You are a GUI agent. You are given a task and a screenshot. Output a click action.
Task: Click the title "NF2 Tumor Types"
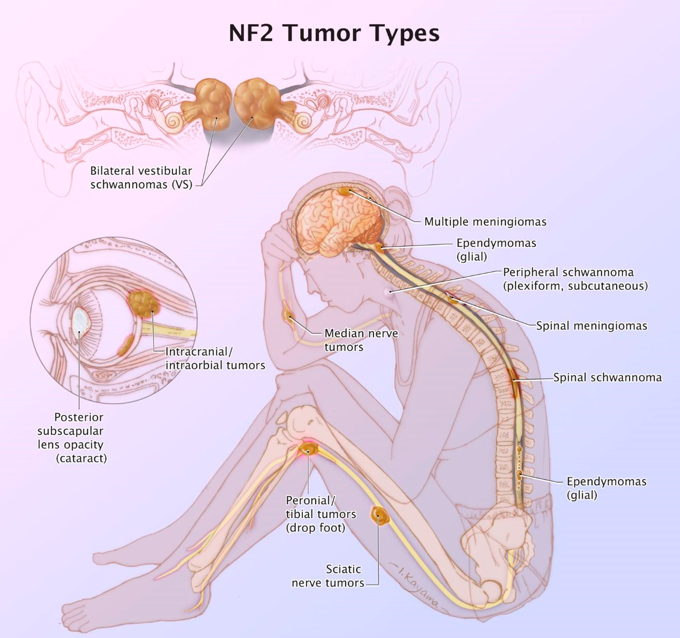(x=334, y=33)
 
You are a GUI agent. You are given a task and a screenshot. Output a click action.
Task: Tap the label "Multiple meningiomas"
(x=485, y=222)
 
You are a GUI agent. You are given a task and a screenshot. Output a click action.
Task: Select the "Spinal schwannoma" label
(x=607, y=377)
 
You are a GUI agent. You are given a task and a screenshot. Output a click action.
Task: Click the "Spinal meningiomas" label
(x=591, y=325)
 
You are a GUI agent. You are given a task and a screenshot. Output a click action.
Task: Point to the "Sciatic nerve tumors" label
(x=328, y=576)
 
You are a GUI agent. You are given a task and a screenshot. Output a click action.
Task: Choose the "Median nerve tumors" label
(x=361, y=340)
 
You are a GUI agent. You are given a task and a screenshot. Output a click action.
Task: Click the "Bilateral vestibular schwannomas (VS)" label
(x=141, y=178)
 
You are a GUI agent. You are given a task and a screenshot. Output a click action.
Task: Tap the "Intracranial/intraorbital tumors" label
(x=215, y=358)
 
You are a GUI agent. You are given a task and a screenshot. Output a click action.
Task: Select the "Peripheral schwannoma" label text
(x=568, y=272)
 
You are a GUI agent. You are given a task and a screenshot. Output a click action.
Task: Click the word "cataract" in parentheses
(x=81, y=458)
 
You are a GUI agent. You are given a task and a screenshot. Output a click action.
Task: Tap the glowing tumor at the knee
(x=309, y=449)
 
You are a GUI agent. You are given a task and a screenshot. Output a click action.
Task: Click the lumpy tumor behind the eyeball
(x=144, y=304)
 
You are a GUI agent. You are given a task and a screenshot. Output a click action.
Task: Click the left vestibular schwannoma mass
(x=212, y=103)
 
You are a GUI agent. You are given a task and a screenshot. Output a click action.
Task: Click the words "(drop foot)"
(x=315, y=528)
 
